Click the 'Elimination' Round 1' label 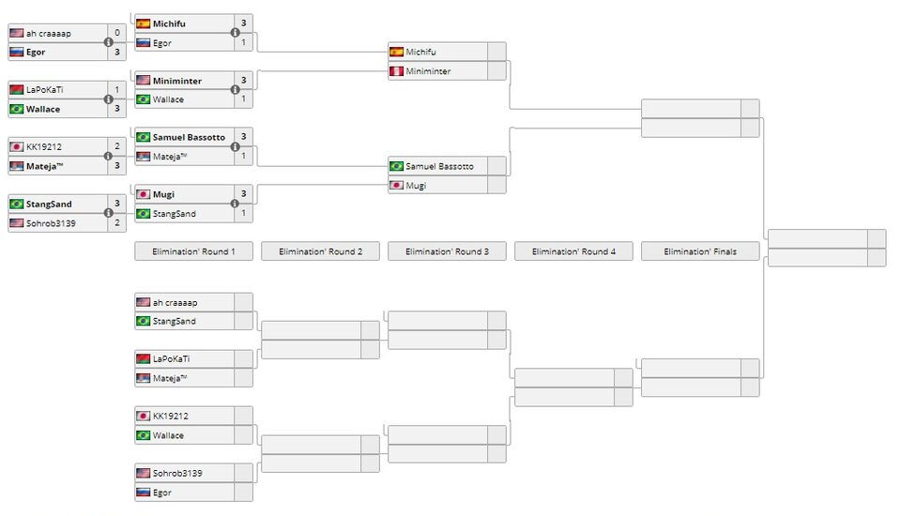pyautogui.click(x=193, y=251)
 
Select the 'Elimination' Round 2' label pyautogui.click(x=320, y=251)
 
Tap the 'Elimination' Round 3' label pyautogui.click(x=447, y=251)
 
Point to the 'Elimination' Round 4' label pyautogui.click(x=573, y=251)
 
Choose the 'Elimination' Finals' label pyautogui.click(x=700, y=251)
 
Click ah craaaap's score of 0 pyautogui.click(x=116, y=33)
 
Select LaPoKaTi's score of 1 pyautogui.click(x=116, y=89)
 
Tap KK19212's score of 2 pyautogui.click(x=116, y=146)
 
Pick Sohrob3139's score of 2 pyautogui.click(x=116, y=222)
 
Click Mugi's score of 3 pyautogui.click(x=243, y=194)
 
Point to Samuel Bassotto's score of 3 pyautogui.click(x=243, y=137)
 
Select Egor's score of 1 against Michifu pyautogui.click(x=243, y=43)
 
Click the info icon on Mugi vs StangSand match pyautogui.click(x=236, y=204)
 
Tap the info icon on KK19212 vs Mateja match pyautogui.click(x=109, y=156)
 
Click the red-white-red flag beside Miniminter pyautogui.click(x=396, y=71)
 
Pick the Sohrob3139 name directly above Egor pyautogui.click(x=177, y=473)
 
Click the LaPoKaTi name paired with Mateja pyautogui.click(x=174, y=358)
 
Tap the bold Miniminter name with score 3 pyautogui.click(x=177, y=81)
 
